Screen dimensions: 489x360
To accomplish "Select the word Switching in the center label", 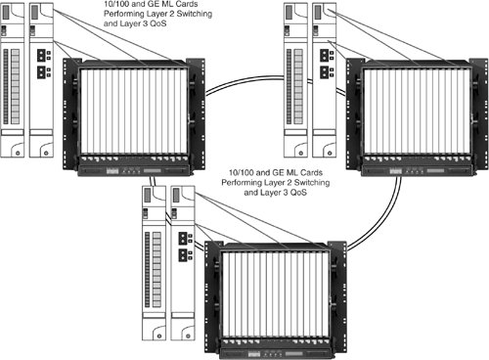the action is [312, 182].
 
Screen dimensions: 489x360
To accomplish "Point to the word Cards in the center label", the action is [312, 172].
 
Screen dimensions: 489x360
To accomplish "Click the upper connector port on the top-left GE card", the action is [41, 55].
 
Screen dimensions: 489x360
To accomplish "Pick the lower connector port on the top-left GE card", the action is [41, 72].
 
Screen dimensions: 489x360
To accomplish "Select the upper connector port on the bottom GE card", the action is [183, 238].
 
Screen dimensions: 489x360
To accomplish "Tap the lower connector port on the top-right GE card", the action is [325, 72].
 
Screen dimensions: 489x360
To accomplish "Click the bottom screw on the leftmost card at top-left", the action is [18, 153].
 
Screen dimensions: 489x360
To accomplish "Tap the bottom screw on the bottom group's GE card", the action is [188, 336].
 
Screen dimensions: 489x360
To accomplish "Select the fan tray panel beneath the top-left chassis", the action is [134, 170].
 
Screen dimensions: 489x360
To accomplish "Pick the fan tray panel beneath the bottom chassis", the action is [276, 354].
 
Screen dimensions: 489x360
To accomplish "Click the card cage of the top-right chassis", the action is [417, 111].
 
